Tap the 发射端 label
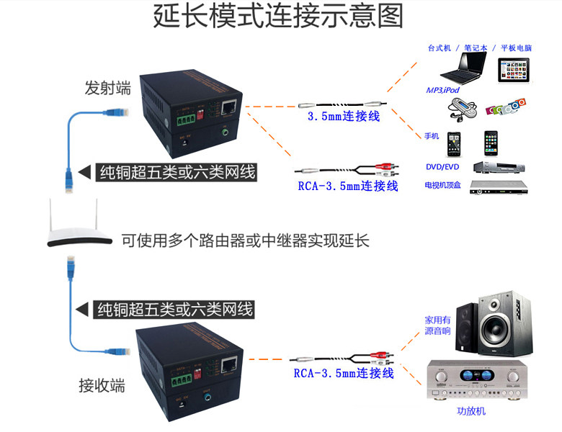(108, 89)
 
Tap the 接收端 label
(102, 385)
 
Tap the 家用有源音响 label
(437, 325)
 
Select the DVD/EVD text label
(442, 166)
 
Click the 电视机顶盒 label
(443, 185)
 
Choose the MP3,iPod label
(442, 90)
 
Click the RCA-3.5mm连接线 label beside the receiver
(344, 374)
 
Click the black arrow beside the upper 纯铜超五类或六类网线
(85, 171)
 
